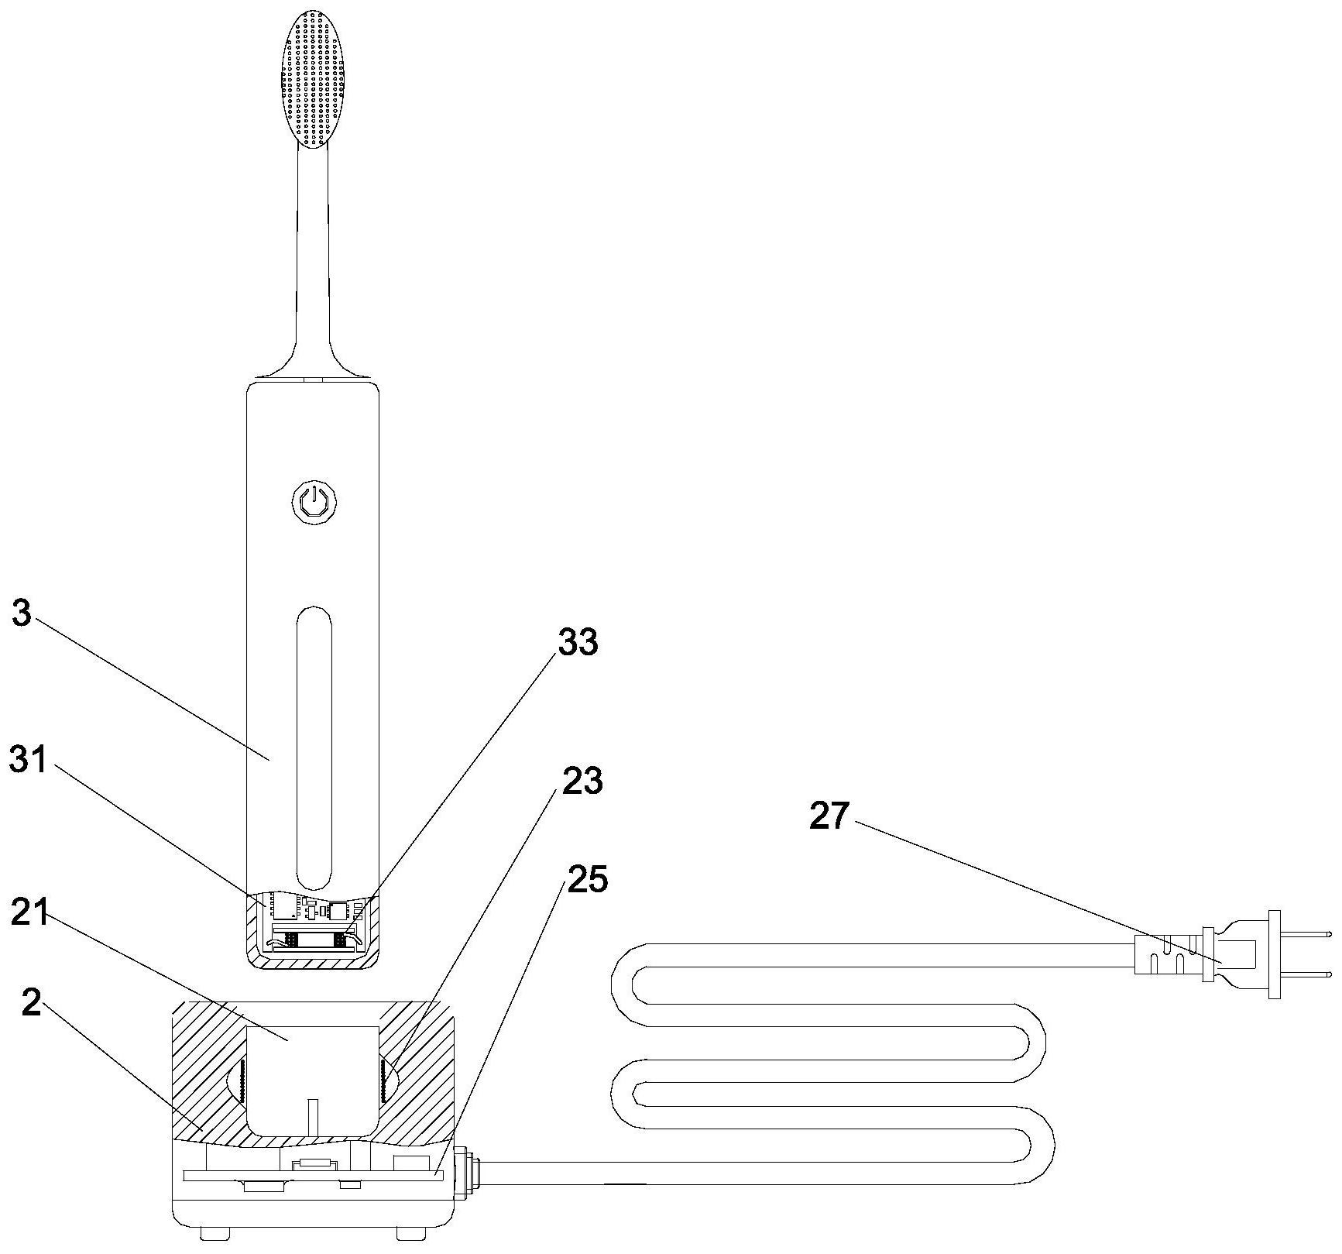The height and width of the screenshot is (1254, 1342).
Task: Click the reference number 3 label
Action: click(x=22, y=615)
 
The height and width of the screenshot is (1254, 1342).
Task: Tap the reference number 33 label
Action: click(x=578, y=643)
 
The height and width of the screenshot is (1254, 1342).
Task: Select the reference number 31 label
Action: click(x=29, y=760)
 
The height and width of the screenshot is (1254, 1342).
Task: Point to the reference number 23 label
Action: click(x=582, y=782)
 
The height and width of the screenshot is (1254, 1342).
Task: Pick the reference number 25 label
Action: click(x=588, y=879)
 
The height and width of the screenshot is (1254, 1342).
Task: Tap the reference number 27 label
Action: click(x=829, y=816)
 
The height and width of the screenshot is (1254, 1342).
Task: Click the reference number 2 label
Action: click(x=31, y=1002)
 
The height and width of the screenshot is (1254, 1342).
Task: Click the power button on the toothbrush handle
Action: click(x=313, y=502)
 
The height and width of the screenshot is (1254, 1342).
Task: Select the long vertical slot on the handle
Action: click(x=314, y=747)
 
